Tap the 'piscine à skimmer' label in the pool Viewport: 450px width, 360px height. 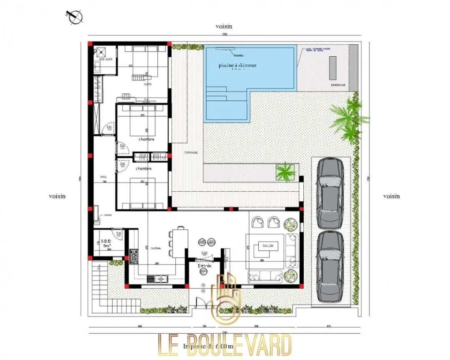[237, 65]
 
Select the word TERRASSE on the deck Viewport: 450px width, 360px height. [191, 153]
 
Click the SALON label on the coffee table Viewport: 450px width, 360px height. [267, 246]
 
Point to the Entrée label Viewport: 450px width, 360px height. [205, 265]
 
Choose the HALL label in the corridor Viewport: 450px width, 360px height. [104, 177]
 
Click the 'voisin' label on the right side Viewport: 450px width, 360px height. [391, 196]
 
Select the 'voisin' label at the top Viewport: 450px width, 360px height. [224, 26]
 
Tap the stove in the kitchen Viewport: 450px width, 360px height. [134, 256]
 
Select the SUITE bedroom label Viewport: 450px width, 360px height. [148, 84]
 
